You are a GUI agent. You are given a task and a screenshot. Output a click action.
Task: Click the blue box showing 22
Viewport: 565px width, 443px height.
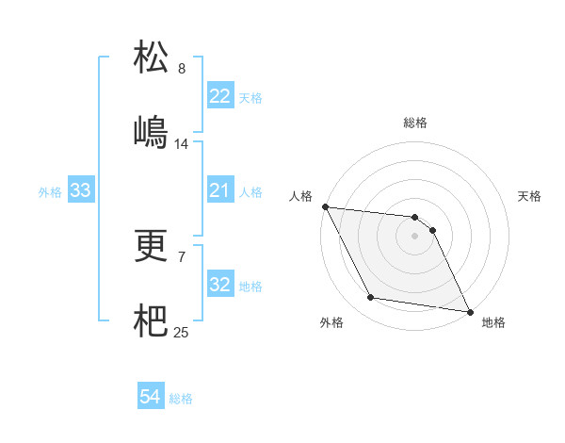pos(219,96)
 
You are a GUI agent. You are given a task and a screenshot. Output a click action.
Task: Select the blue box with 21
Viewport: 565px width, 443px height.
pos(219,191)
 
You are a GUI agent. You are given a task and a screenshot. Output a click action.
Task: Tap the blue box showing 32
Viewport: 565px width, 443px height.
pos(219,285)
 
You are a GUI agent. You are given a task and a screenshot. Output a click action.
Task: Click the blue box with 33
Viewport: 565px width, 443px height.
pos(81,191)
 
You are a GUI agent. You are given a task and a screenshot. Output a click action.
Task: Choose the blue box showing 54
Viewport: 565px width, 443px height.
pos(150,398)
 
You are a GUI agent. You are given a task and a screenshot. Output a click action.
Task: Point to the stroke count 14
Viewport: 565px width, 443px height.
pos(182,144)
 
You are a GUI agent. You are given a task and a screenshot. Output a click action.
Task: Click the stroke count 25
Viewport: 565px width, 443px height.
pos(182,332)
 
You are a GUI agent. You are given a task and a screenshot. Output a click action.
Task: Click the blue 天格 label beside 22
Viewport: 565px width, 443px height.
pos(250,98)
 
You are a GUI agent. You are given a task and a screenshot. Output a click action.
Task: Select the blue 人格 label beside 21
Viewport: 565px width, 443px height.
pos(250,192)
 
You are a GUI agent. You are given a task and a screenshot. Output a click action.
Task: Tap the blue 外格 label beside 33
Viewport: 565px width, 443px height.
pos(50,192)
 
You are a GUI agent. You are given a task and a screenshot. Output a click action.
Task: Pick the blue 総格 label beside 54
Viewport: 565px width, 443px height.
pos(181,399)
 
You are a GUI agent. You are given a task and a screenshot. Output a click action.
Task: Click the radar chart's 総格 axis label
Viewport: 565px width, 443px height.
pos(415,123)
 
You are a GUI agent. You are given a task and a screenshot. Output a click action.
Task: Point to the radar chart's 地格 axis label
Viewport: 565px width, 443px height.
pos(493,322)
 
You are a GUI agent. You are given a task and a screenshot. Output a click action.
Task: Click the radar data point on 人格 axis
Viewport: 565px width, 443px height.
pos(325,206)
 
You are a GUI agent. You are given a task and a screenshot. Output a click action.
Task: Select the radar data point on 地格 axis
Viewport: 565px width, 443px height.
pos(469,310)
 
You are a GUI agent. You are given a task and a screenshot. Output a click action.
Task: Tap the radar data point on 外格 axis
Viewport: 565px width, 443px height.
pos(370,298)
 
